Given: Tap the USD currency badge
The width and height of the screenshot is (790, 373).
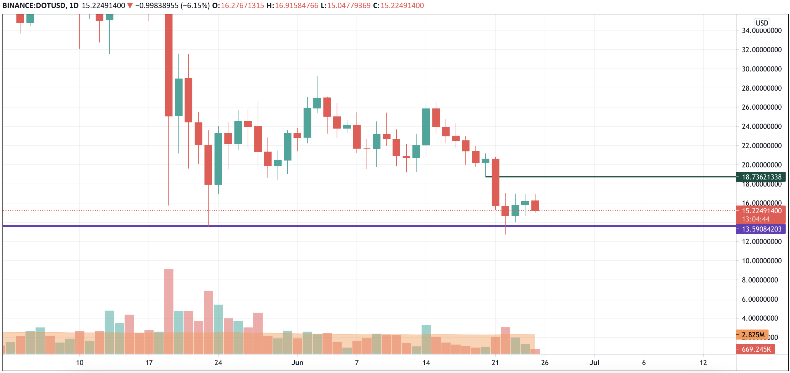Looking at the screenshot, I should coord(761,23).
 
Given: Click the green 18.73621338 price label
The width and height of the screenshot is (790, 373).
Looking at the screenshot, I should coord(761,177).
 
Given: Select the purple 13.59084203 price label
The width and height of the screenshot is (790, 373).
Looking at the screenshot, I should coord(761,229).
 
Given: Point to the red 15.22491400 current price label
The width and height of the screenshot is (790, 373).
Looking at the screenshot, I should coord(761,211).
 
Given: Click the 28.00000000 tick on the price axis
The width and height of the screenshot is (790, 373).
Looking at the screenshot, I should coord(761,88).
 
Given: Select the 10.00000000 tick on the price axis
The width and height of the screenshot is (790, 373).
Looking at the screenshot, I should coord(761,261).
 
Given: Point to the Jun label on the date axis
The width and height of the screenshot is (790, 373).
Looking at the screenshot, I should coord(297,363).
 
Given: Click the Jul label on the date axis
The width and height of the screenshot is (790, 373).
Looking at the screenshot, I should coord(594,363).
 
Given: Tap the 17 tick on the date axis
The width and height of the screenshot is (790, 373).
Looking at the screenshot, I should coord(149,363).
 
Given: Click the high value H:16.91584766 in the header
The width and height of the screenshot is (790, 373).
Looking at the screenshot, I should coord(292,6).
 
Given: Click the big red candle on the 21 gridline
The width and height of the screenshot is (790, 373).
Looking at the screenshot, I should coord(495,182).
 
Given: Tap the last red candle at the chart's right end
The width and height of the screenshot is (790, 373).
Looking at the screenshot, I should coord(535,206).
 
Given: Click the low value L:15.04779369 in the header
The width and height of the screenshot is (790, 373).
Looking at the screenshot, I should coord(345,6).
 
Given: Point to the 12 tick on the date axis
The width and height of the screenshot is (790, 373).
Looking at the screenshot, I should coord(703,363).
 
